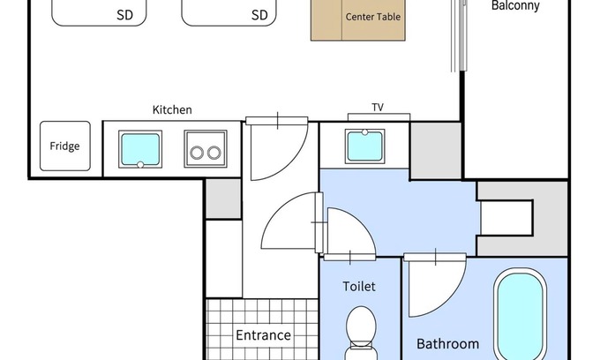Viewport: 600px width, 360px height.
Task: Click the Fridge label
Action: click(x=64, y=146)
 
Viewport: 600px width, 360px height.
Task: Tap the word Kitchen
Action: click(x=172, y=109)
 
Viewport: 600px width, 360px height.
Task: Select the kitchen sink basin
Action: click(x=140, y=149)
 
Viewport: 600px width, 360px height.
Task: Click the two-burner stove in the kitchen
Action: click(x=206, y=149)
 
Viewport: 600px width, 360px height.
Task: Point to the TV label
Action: click(x=378, y=108)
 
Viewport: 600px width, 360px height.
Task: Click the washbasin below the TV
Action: click(x=364, y=146)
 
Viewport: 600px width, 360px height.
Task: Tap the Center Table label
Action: click(x=373, y=17)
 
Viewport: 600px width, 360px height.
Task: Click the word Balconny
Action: click(x=515, y=6)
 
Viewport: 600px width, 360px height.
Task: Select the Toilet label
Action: click(x=359, y=287)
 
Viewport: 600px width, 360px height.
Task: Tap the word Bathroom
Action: click(x=447, y=344)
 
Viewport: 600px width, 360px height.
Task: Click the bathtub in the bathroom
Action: click(x=520, y=314)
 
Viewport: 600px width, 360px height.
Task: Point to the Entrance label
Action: click(x=263, y=335)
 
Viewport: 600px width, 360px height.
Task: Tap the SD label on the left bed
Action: click(x=124, y=15)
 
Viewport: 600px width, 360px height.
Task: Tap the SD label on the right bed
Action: click(x=259, y=15)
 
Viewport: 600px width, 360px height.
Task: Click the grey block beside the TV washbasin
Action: click(x=436, y=150)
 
